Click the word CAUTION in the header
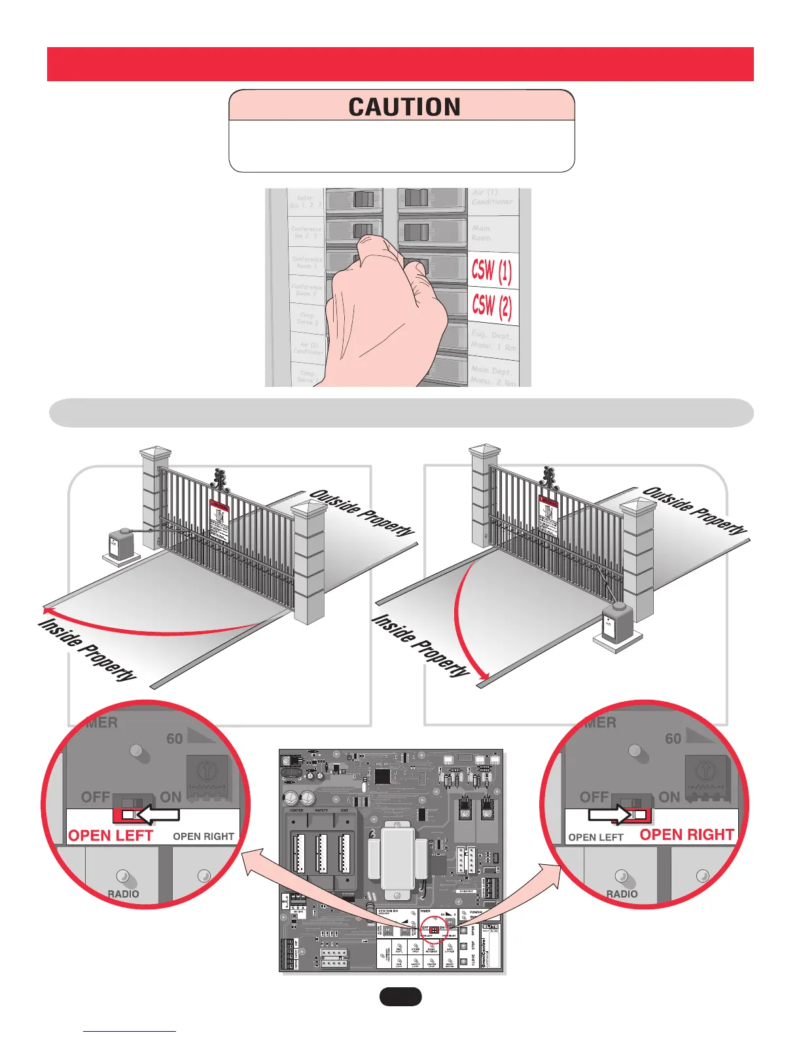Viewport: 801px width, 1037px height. coord(404,107)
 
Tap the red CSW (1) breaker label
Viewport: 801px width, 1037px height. coord(491,270)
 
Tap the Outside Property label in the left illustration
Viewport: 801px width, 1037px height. coord(362,513)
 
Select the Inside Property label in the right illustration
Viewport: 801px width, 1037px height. coord(421,646)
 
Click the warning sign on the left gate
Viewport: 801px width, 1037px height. coord(220,520)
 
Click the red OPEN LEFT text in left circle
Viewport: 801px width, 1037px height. coord(111,836)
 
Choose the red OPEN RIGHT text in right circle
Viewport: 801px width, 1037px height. coord(686,835)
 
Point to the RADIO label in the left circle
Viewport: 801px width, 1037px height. coord(123,894)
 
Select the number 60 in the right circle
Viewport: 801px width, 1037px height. coord(673,738)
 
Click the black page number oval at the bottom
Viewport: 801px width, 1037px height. coord(400,996)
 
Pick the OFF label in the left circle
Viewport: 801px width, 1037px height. coord(95,797)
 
